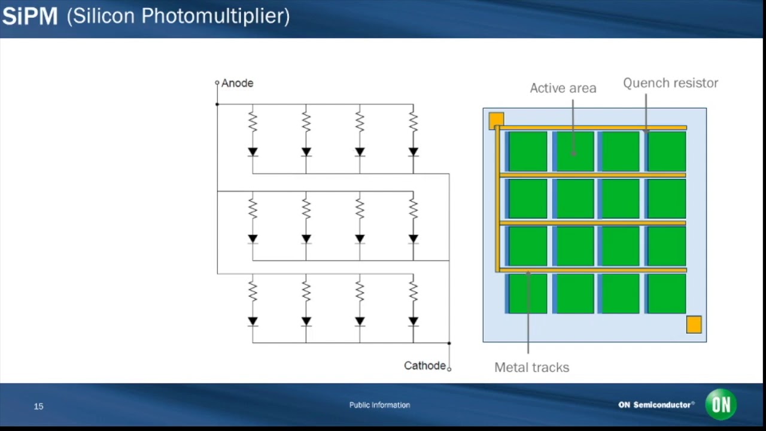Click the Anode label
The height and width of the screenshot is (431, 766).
coord(237,83)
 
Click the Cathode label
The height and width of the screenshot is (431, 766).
coord(424,366)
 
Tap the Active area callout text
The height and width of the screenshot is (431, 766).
coord(563,88)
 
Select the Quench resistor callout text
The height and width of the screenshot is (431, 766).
coord(670,83)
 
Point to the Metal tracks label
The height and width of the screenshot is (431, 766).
coord(531,368)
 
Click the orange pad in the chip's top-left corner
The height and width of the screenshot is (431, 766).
coord(496,120)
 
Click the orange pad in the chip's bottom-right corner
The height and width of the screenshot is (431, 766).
coord(694,324)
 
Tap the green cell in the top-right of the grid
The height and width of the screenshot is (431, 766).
coord(667,151)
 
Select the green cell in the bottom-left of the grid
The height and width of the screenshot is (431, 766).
coord(527,294)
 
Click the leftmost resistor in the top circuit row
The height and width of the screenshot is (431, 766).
coord(253,122)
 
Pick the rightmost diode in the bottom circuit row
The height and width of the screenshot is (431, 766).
coord(413,321)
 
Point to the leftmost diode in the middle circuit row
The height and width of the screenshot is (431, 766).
coord(253,239)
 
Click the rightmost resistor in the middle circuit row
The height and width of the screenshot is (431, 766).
coord(413,209)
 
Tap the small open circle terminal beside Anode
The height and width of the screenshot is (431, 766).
coord(217,83)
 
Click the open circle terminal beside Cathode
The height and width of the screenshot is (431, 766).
coord(449,369)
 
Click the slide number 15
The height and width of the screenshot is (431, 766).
coord(39,406)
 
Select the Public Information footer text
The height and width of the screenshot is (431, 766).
coord(379,405)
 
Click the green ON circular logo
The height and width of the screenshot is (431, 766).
coord(721,405)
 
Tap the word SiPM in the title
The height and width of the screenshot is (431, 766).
coord(30,16)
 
